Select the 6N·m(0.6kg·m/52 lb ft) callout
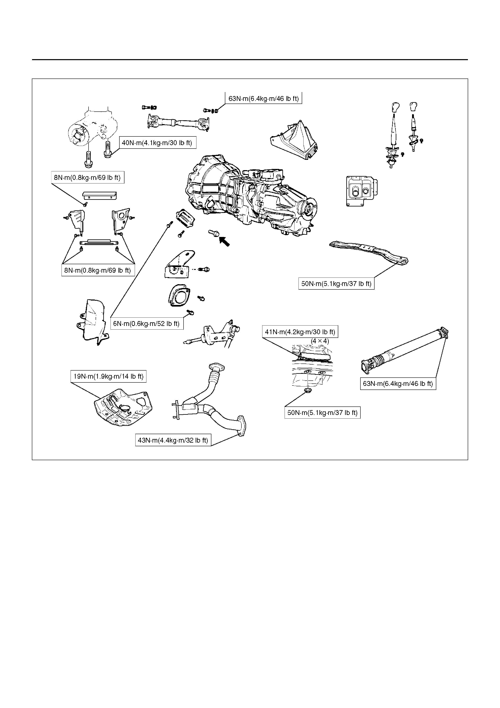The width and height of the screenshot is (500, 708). pos(146,324)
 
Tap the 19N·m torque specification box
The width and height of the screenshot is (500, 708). pos(109,376)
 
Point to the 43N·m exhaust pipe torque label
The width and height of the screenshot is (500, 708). pos(173,440)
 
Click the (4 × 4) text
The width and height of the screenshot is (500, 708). pos(320,341)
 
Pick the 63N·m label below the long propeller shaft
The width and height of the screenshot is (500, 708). pos(398,384)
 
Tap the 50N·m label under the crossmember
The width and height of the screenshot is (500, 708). pos(336,283)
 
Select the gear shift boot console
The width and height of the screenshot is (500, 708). pos(294,140)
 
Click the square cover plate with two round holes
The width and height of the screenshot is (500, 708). pos(362,191)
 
